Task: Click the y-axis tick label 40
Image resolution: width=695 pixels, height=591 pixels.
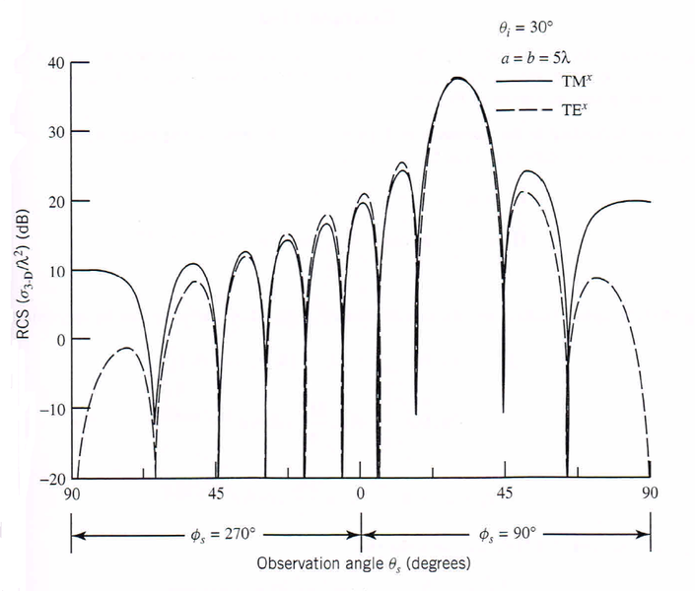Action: point(55,62)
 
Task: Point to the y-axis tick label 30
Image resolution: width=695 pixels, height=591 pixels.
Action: point(55,131)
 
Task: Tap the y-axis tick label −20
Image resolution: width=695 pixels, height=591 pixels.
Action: point(51,479)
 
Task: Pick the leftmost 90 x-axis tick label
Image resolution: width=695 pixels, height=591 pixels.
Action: point(71,493)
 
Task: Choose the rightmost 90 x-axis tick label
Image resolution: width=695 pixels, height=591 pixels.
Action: point(650,493)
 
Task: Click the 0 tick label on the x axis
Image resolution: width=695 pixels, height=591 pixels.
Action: point(361,493)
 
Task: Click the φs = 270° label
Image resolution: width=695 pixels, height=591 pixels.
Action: point(223,535)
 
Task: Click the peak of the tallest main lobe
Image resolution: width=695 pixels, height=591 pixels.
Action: point(457,78)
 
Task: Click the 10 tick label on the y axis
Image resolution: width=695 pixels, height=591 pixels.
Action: point(55,270)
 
